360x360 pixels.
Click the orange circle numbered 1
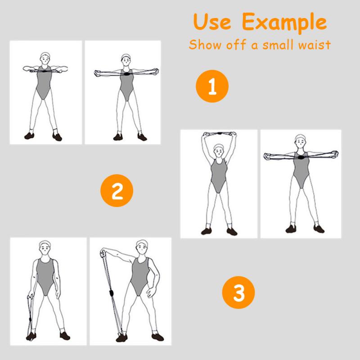point(212,86)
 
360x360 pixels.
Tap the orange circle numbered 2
point(117,190)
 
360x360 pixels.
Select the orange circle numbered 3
point(238,292)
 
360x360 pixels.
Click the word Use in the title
point(212,22)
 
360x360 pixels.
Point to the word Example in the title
point(284,23)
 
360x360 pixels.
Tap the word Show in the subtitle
point(206,44)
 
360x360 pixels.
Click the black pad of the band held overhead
point(220,133)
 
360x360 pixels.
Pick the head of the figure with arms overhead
point(219,150)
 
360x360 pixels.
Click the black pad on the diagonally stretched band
point(112,293)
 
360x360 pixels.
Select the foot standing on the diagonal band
point(121,337)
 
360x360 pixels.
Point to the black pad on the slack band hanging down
point(30,319)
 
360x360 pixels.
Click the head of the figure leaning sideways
point(142,247)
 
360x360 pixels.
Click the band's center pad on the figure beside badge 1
point(126,74)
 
